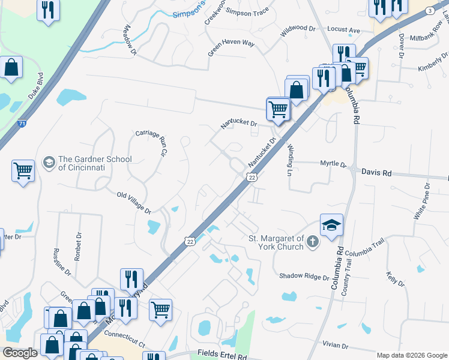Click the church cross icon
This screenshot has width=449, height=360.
point(312,242)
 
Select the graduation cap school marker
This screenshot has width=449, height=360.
point(331,225)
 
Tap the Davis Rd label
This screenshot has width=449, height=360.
point(376,172)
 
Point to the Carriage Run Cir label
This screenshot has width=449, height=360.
point(151,142)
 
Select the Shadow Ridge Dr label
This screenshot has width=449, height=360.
point(304,277)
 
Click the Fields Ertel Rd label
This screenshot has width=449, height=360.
point(223,356)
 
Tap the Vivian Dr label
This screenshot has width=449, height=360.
point(335,346)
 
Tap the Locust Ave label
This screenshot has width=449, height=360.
point(343,29)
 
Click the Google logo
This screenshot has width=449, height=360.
point(20,353)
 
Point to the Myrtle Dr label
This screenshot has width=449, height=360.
point(333,163)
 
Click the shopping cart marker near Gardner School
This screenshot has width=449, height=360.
point(23,171)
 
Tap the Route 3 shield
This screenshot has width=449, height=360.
point(429,11)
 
